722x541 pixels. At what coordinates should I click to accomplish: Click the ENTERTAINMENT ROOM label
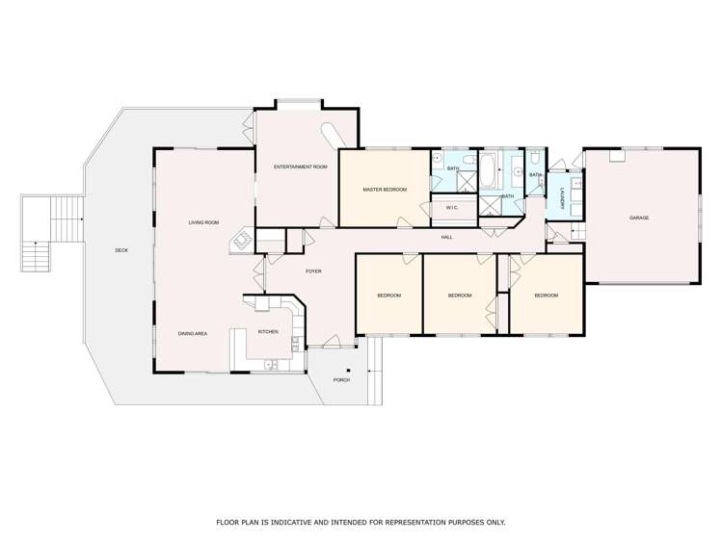coord(300,167)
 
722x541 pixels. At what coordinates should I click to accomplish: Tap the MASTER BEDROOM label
coord(385,190)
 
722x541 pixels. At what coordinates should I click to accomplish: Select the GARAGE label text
coord(639,218)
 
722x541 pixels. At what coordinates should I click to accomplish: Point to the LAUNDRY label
coord(562,199)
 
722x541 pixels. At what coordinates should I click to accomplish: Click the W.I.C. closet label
coord(452,208)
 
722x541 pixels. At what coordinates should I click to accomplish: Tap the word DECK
coord(121,250)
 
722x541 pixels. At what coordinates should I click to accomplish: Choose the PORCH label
coord(341,380)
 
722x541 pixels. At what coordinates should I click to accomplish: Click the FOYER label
coord(313,271)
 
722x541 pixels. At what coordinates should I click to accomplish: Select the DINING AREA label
coord(193,334)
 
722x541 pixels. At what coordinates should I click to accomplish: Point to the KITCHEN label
coord(268,332)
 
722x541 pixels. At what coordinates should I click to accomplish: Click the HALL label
coord(446,237)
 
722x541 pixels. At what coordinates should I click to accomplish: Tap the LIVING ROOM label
coord(203,222)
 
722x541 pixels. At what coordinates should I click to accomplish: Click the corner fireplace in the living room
coord(241,241)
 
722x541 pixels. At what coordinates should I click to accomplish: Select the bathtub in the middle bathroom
coord(487,170)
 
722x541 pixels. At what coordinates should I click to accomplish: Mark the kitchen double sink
coord(270,365)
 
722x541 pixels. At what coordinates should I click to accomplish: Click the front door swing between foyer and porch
coord(331,341)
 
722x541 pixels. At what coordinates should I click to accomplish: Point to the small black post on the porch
coord(349,371)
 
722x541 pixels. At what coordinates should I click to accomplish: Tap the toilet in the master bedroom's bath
coord(469,160)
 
